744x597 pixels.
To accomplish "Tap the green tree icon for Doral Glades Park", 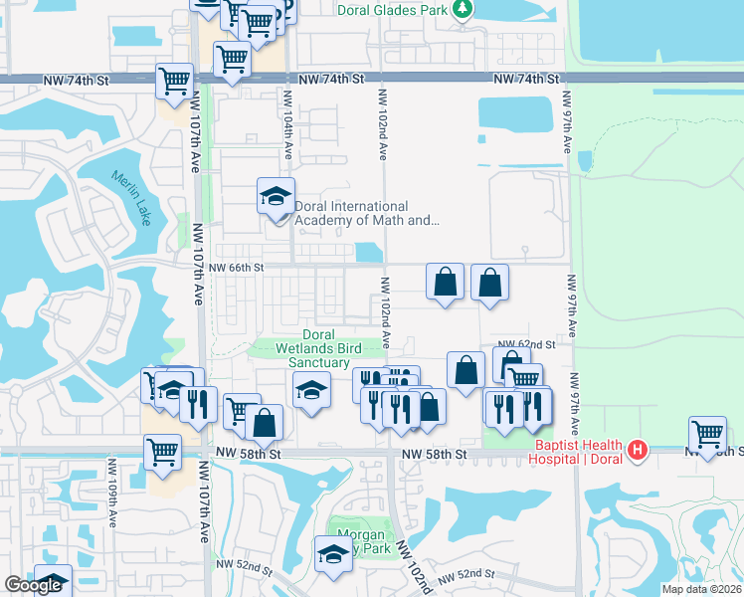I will pos(462,10).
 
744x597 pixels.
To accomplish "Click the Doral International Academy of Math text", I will pos(366,214).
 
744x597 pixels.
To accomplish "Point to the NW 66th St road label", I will pos(236,268).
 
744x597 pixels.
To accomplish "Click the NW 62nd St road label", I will pos(525,344).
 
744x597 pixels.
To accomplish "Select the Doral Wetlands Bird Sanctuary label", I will pos(318,349).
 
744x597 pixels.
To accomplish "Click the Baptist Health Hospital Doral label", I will pos(577,452).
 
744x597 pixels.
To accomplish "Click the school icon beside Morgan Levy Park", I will pos(334,555).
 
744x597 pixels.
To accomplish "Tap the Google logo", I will pos(33,586).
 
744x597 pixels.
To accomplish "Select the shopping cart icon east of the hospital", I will pos(707,435).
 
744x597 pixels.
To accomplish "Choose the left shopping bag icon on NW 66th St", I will pos(446,282).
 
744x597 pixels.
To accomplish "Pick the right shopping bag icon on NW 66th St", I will pos(489,282).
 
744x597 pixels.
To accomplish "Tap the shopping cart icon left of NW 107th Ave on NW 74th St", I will pos(175,80).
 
